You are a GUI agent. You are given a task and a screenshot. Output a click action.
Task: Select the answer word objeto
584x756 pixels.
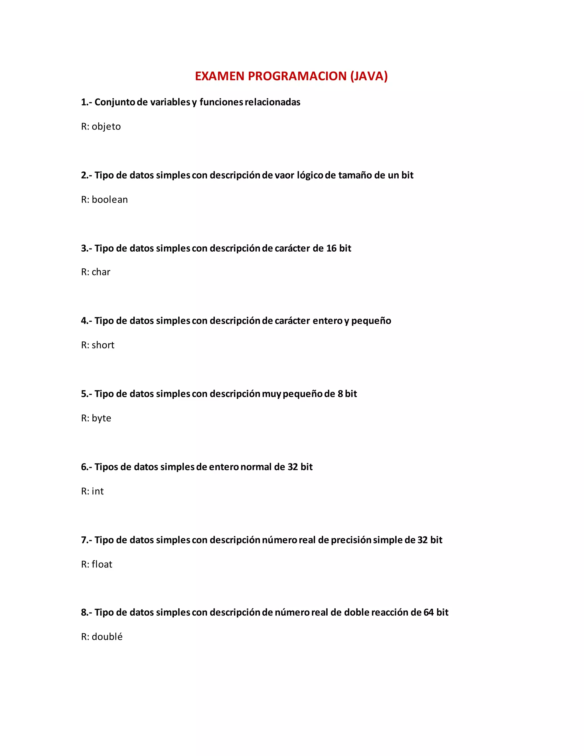[x=106, y=127]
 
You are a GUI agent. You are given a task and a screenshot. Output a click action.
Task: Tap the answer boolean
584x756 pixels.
[x=110, y=200]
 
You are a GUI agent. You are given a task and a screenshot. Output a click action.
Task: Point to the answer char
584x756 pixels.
[x=101, y=272]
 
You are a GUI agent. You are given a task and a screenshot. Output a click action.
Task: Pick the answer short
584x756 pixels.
[x=103, y=345]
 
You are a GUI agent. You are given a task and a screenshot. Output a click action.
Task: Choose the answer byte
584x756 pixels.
[x=101, y=418]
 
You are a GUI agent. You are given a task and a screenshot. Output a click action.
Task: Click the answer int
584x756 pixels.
[x=98, y=491]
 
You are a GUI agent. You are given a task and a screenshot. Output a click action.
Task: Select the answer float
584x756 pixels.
[x=102, y=564]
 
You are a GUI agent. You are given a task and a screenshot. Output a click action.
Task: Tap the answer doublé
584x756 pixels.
[x=107, y=637]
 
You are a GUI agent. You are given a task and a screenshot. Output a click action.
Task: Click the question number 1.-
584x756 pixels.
[x=86, y=102]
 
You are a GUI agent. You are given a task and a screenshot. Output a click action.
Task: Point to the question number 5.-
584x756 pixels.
[x=86, y=394]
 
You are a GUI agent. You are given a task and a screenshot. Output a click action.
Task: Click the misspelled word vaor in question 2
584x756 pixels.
[x=284, y=175]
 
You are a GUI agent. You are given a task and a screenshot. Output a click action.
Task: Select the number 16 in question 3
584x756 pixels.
[x=331, y=248]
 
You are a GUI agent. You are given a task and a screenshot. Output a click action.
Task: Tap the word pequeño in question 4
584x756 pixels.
[x=371, y=321]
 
